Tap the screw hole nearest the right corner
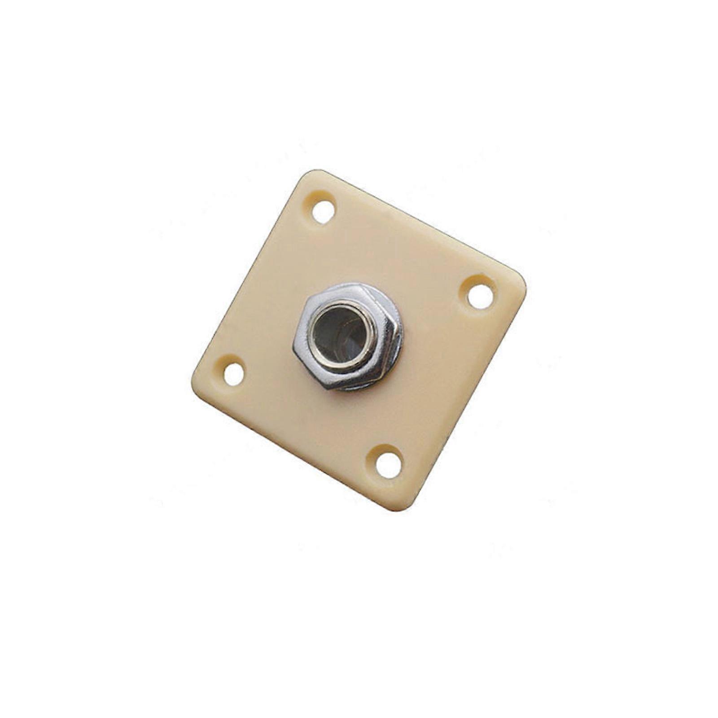tap(479, 296)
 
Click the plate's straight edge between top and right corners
tap(422, 227)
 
